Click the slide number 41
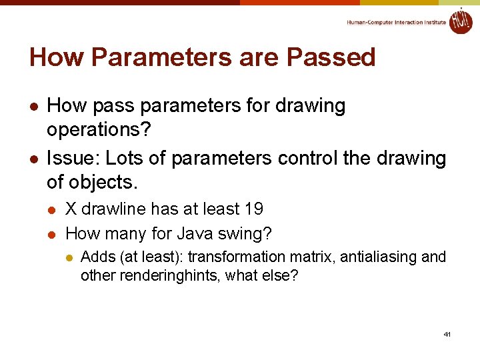pos(447,333)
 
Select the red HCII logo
pos(461,21)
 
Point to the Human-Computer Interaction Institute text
pos(396,23)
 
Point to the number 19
pos(254,209)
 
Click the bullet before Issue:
pos(33,159)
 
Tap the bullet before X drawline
pos(53,210)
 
